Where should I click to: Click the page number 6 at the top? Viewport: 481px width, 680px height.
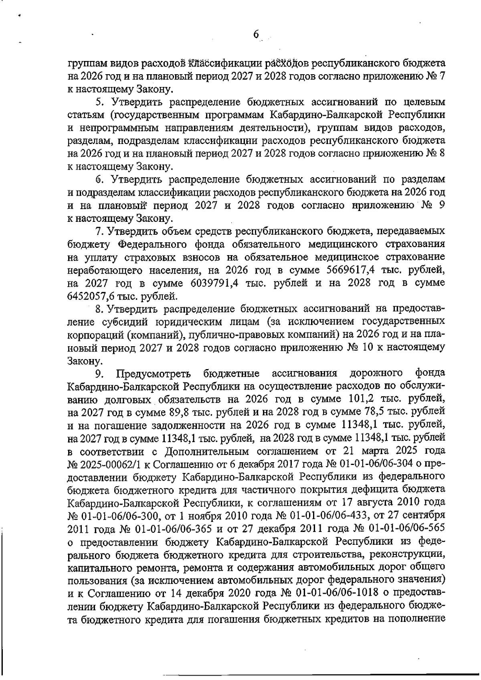[257, 35]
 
